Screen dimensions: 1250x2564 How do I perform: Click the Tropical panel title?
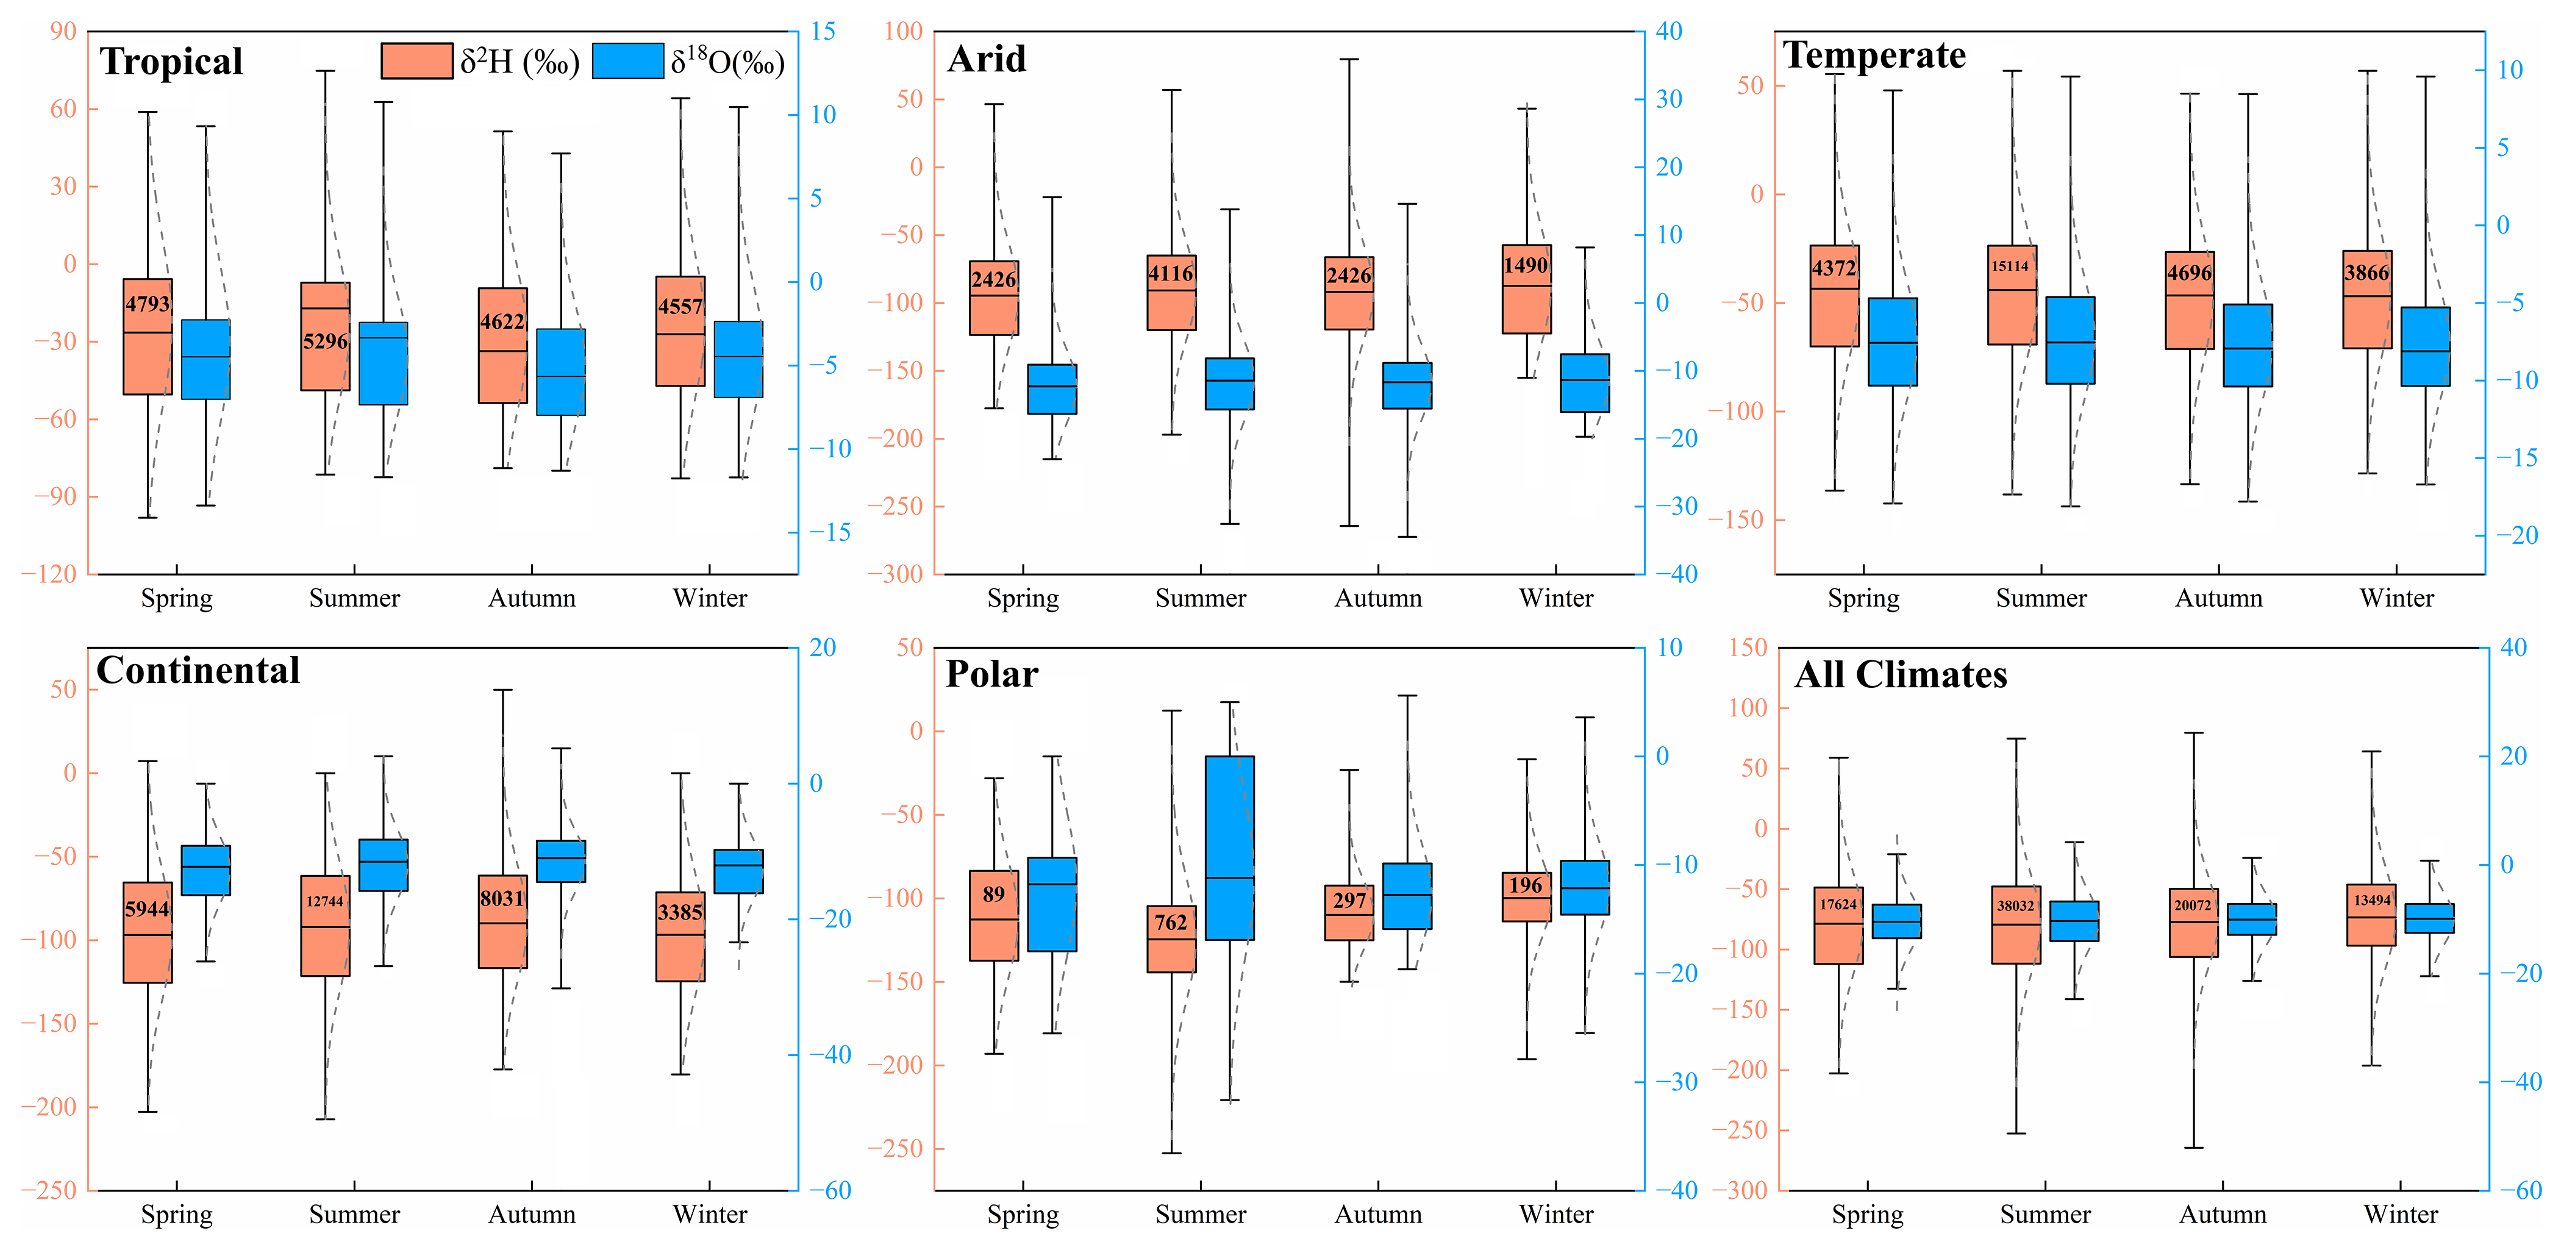point(171,62)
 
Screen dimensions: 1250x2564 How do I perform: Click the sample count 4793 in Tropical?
point(148,304)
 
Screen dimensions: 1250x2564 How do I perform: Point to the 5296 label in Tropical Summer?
point(326,341)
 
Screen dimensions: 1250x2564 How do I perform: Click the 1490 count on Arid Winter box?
point(1526,266)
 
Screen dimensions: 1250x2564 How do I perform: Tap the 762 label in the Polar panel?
point(1171,923)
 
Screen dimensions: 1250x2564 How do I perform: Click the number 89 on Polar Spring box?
point(993,894)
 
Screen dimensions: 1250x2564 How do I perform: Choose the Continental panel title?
point(198,671)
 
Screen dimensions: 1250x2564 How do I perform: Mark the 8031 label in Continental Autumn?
point(502,899)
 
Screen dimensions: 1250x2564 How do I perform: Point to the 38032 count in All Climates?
point(2016,905)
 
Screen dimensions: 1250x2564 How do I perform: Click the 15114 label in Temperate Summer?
point(2010,266)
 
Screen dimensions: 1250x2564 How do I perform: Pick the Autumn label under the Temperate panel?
point(2219,598)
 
